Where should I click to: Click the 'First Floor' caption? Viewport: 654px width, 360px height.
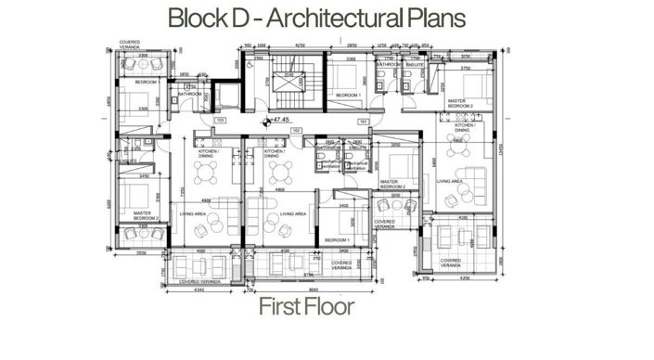306,307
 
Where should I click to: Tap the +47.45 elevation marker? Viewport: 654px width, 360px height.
278,121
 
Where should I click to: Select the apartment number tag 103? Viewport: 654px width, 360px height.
221,121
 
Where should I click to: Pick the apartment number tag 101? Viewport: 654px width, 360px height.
364,121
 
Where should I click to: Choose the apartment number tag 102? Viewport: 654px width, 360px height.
295,132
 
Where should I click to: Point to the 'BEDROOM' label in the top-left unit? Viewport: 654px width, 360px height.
144,84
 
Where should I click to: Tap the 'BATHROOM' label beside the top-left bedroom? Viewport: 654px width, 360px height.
190,94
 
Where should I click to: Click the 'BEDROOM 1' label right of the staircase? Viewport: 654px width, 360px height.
347,95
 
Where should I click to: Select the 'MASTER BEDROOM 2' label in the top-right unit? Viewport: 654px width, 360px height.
460,105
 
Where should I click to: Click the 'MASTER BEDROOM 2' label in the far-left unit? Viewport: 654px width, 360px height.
146,215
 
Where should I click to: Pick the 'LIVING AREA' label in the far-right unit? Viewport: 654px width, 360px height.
450,182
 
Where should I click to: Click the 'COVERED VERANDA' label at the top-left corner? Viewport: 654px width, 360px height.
130,45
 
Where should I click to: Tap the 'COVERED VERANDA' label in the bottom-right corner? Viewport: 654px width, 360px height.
452,262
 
